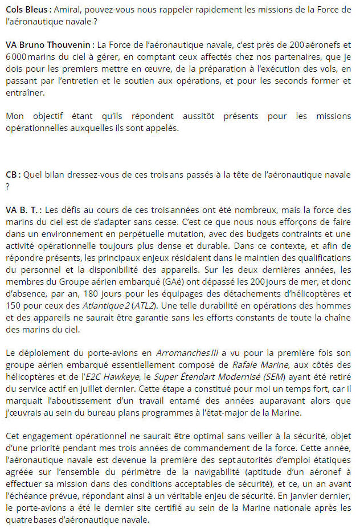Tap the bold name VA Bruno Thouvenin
tap(48, 44)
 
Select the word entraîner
tap(24, 93)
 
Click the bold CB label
tap(12, 175)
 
